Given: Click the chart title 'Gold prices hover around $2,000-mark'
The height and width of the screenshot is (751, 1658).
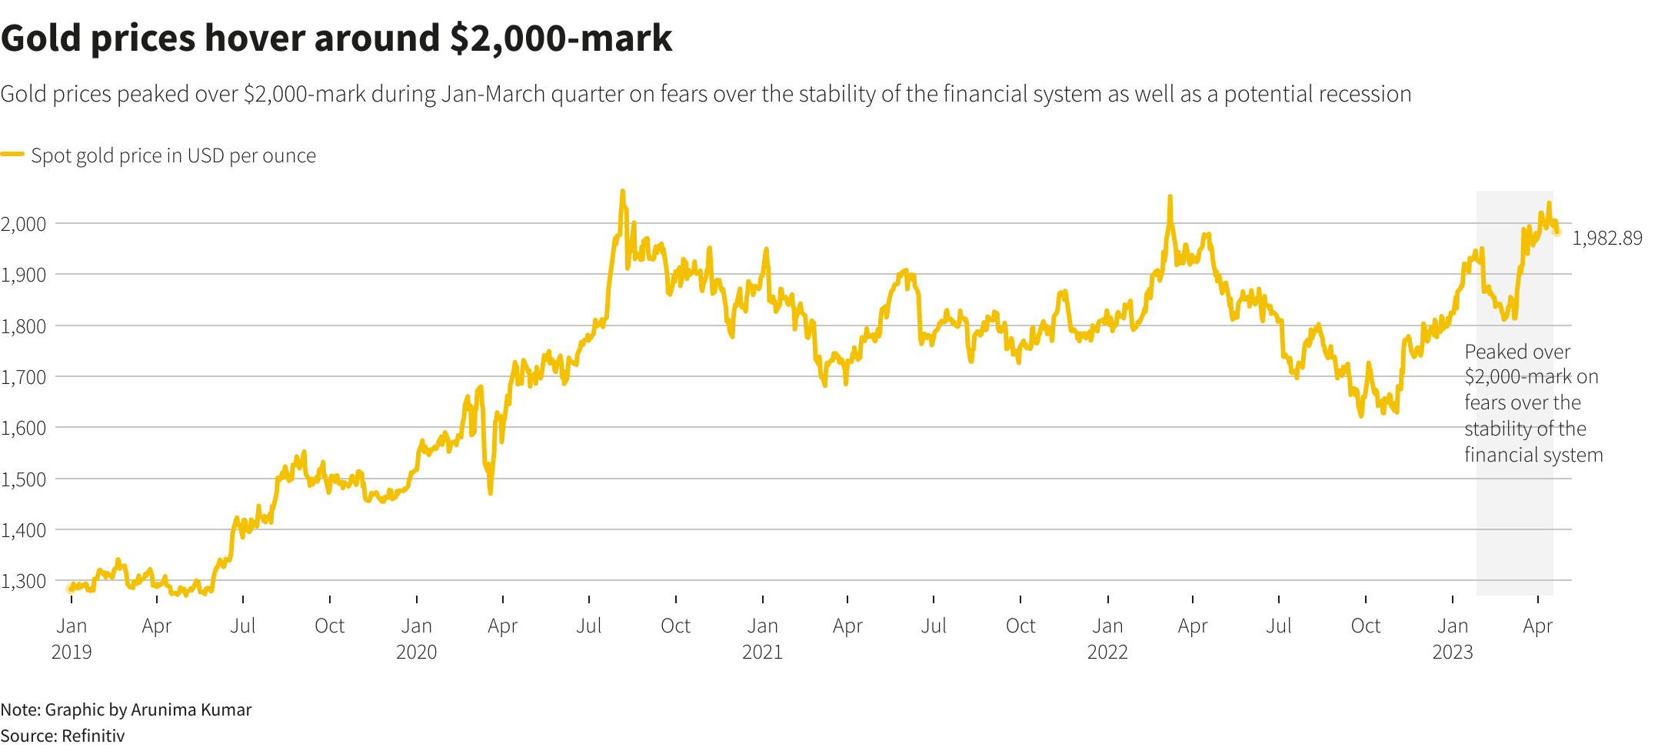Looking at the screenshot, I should click(x=336, y=38).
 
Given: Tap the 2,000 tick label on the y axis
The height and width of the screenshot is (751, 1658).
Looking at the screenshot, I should click(x=24, y=224).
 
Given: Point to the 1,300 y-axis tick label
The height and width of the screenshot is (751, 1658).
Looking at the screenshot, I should click(x=24, y=581).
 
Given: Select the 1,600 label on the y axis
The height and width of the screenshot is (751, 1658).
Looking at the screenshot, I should click(x=24, y=428).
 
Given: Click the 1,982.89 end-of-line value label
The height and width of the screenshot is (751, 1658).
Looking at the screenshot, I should click(x=1606, y=239).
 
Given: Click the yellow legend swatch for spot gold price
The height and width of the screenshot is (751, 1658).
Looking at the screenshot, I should click(x=12, y=155).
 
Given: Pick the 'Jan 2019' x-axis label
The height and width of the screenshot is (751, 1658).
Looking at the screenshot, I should click(x=72, y=639).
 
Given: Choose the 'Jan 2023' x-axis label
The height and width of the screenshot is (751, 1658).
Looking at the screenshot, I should click(x=1453, y=639).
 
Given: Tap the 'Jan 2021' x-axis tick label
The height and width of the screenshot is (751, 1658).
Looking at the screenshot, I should click(x=762, y=639).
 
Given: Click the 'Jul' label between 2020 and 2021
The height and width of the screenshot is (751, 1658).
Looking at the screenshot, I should click(x=589, y=626).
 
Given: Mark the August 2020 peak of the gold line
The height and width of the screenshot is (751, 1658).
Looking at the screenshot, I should click(x=622, y=192).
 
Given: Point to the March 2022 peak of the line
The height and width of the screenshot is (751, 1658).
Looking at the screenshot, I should click(x=1170, y=197).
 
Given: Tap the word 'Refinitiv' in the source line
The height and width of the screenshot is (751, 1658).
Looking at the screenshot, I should click(x=93, y=736).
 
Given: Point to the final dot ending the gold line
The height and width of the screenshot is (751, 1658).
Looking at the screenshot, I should click(x=1557, y=232).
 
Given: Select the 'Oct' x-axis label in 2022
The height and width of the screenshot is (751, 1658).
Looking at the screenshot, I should click(x=1366, y=626).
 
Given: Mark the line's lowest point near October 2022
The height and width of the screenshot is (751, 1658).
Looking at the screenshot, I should click(x=1360, y=416).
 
